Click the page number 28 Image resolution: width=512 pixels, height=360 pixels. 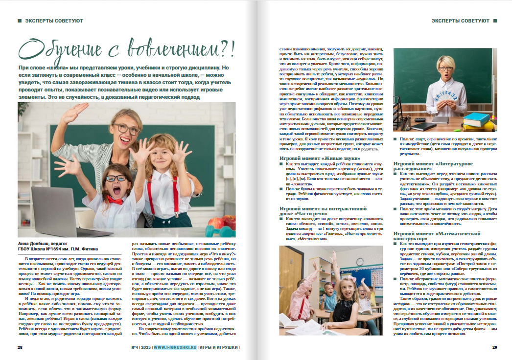pos(20,348)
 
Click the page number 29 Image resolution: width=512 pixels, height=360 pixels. pos(494,348)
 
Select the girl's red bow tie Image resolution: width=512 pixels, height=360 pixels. pos(116,200)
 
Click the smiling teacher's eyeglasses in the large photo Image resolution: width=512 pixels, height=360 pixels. pos(128,129)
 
